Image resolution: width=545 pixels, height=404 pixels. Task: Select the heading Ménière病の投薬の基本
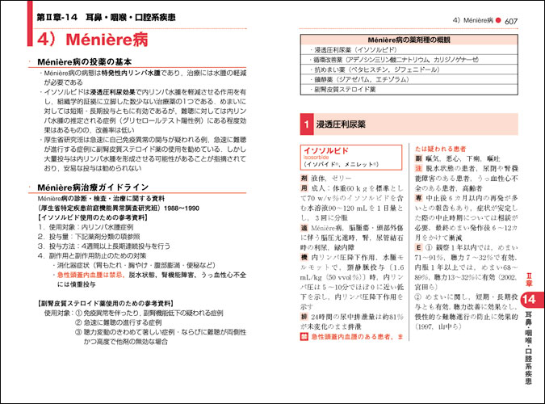tap(94, 62)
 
